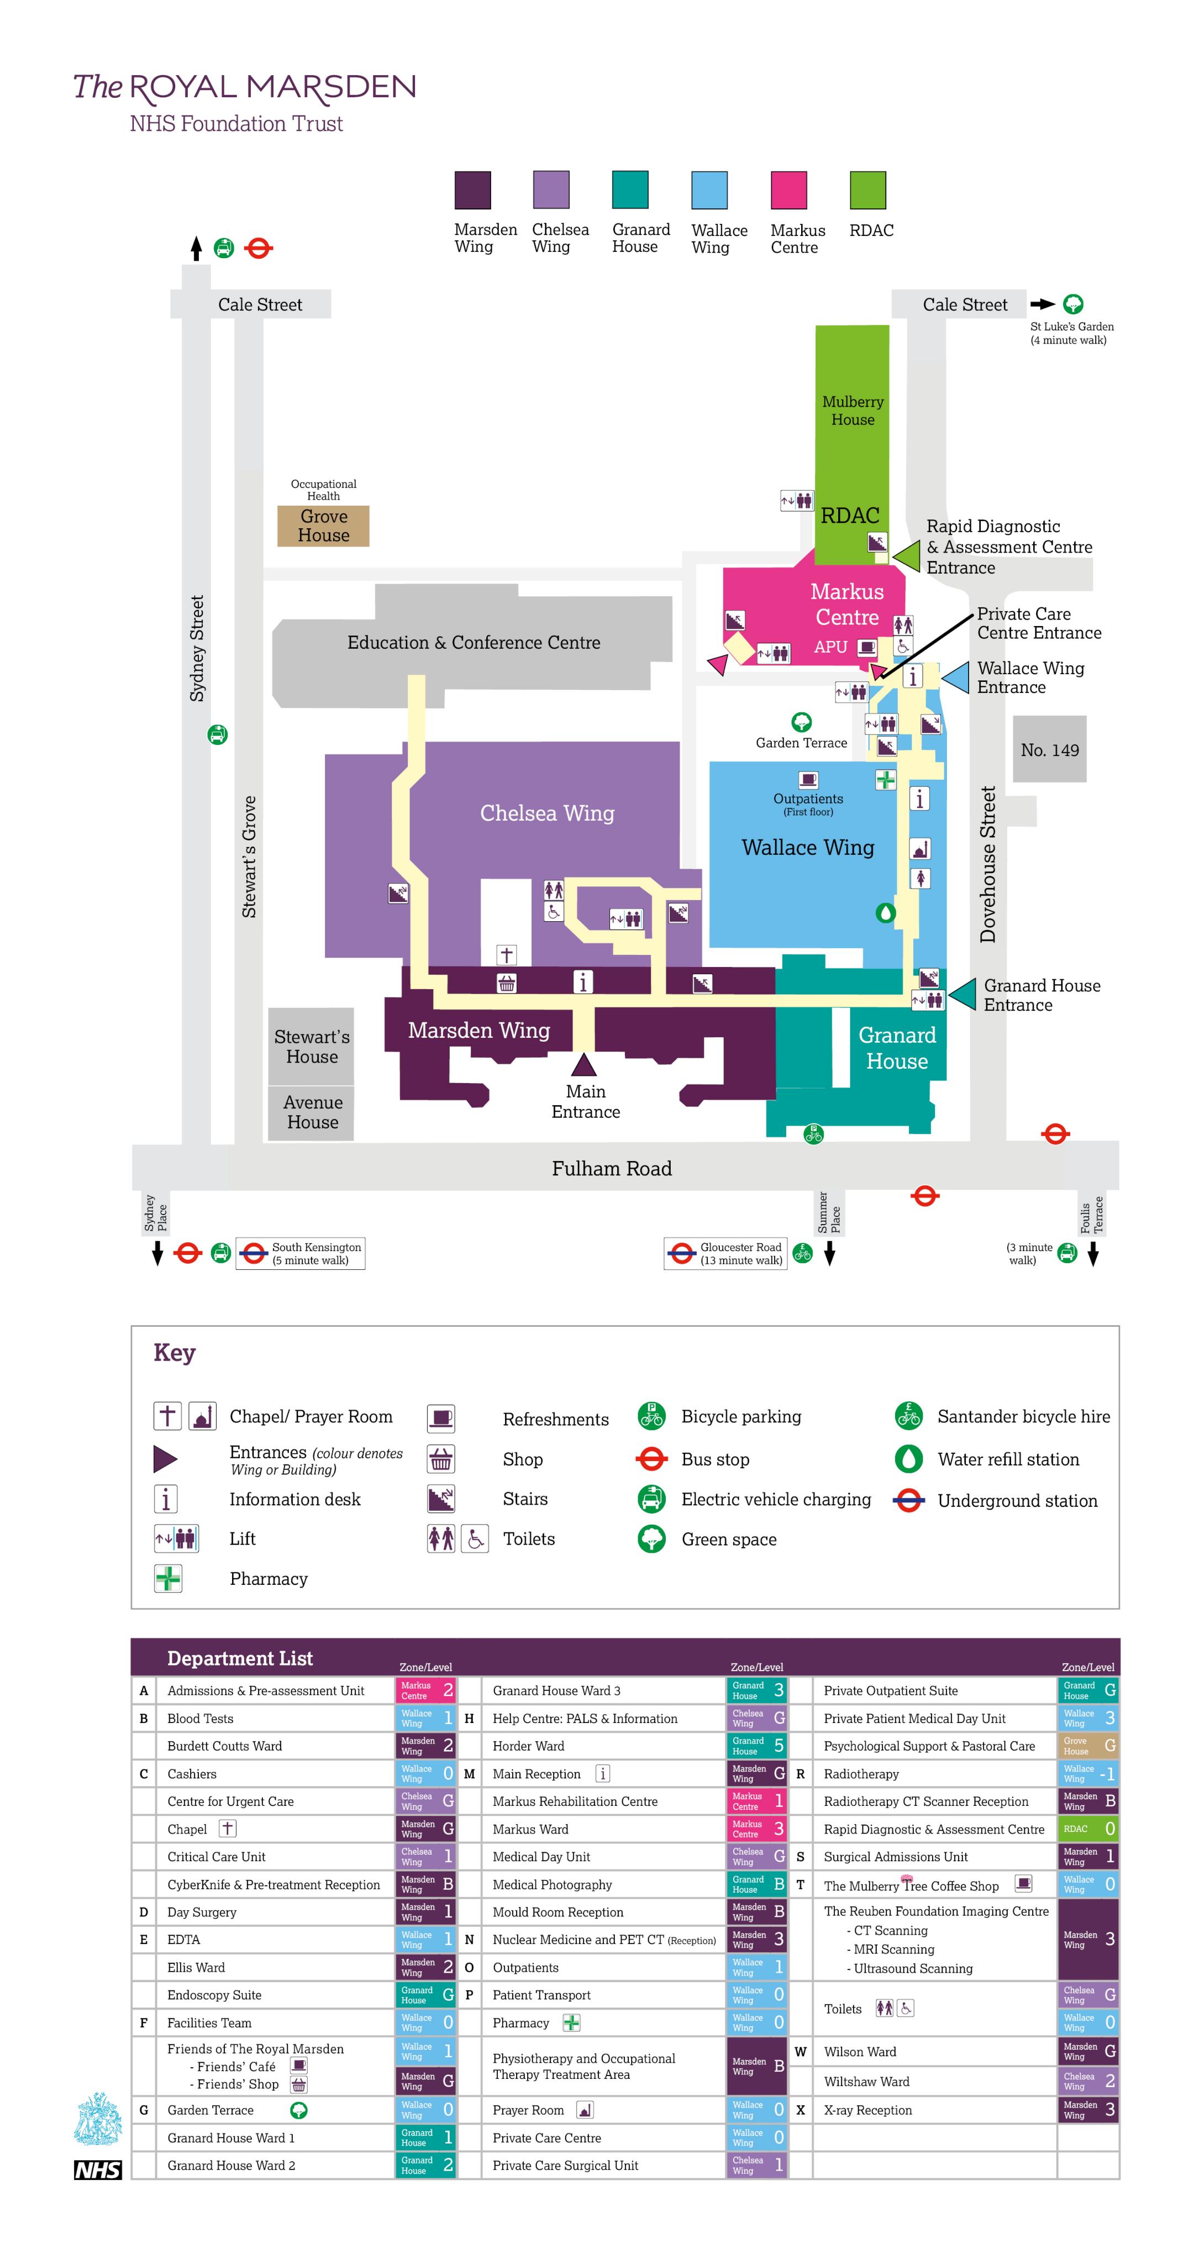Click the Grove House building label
(x=323, y=526)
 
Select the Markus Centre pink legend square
(x=788, y=190)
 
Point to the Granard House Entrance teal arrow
(x=962, y=995)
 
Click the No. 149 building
(x=1049, y=749)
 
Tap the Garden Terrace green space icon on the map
(x=801, y=722)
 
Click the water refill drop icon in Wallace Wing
(x=886, y=913)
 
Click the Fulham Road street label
(x=611, y=1168)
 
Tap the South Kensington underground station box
(x=301, y=1253)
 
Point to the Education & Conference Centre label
(x=474, y=642)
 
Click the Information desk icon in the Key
(x=166, y=1499)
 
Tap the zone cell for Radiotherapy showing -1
(x=1088, y=1773)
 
